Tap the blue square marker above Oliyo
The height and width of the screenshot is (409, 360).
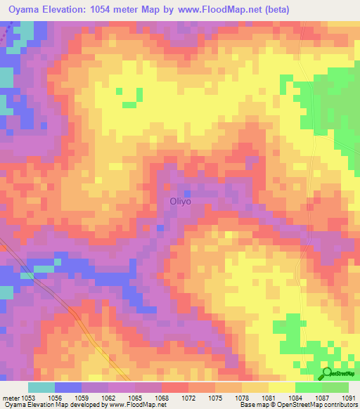tap(187, 193)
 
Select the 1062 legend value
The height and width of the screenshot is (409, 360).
tap(109, 397)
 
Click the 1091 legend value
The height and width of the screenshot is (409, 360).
tap(348, 397)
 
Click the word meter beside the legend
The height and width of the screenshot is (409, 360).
tap(11, 397)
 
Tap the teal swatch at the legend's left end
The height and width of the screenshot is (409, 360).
tap(41, 387)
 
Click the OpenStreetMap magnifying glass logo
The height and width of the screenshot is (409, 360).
tap(327, 372)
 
